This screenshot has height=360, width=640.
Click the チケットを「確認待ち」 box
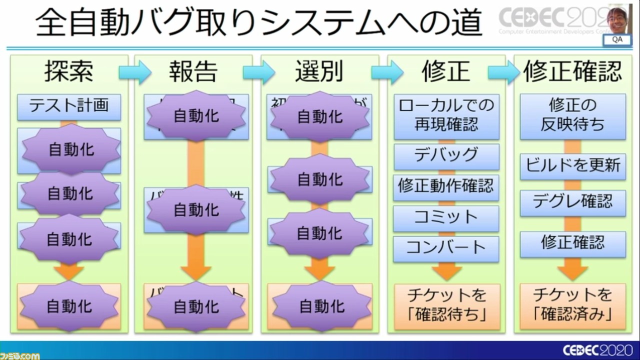[x=446, y=305]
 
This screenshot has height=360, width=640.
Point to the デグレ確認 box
[x=572, y=202]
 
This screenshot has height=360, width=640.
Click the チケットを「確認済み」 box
[x=572, y=305]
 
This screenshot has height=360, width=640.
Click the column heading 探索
[x=69, y=72]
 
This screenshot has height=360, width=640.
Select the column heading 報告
[x=193, y=72]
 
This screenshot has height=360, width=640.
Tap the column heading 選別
[x=319, y=72]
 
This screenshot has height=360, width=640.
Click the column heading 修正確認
[x=572, y=72]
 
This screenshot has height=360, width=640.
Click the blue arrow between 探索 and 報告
[x=134, y=73]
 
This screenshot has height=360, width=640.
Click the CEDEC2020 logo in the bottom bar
[x=597, y=350]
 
